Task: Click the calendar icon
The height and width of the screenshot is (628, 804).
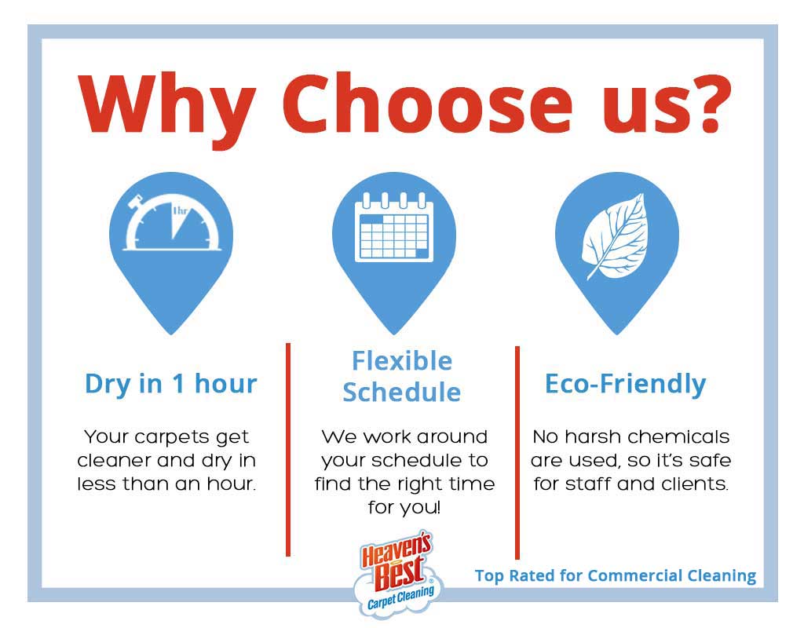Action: pyautogui.click(x=394, y=227)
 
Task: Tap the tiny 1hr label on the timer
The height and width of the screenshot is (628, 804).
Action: pyautogui.click(x=180, y=210)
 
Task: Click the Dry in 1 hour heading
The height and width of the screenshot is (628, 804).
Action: pyautogui.click(x=170, y=384)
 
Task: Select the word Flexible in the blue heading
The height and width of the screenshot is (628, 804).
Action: pyautogui.click(x=402, y=361)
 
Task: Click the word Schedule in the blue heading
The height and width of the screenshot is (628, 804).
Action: pyautogui.click(x=401, y=392)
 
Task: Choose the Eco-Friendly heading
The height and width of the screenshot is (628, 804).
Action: pyautogui.click(x=626, y=384)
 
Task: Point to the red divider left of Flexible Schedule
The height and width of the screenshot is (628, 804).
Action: pyautogui.click(x=288, y=450)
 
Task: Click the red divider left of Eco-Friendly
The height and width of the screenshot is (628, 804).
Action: pyautogui.click(x=517, y=453)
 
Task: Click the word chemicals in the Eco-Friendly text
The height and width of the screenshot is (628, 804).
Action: pyautogui.click(x=678, y=436)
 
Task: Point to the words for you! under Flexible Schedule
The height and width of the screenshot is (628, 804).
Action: pyautogui.click(x=404, y=508)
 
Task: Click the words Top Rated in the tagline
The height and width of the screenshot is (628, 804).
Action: pyautogui.click(x=514, y=575)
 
